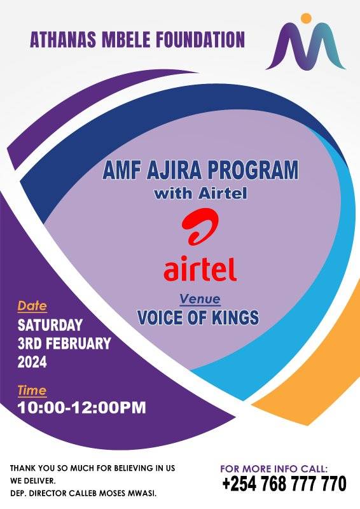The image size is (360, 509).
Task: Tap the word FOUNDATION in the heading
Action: point(200,39)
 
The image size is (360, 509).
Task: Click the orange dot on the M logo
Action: point(306,18)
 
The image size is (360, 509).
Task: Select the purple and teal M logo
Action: point(306,41)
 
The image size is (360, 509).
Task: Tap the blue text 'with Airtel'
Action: point(200,193)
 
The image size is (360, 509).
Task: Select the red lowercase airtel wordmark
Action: point(200,268)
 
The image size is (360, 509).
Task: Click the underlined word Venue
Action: point(200,299)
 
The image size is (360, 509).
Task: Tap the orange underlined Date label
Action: point(32,306)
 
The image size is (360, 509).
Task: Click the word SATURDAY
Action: point(50,325)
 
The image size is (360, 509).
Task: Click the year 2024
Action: point(32,362)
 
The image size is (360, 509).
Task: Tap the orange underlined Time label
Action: point(32,391)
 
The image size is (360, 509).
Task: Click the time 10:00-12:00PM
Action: point(82,408)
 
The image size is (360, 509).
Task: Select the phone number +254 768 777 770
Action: point(284,484)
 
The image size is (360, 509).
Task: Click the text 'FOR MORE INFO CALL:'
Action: point(274,468)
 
